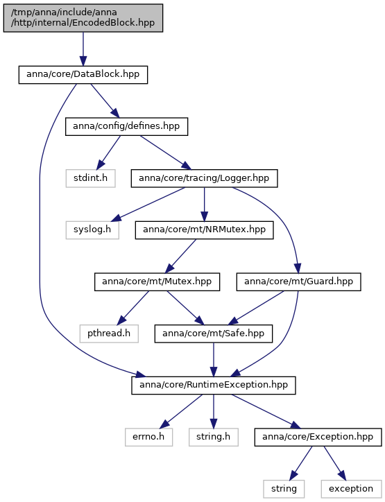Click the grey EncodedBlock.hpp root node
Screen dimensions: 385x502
[x=83, y=18]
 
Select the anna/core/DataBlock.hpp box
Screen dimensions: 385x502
[x=83, y=75]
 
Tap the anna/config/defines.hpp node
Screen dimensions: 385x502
[x=126, y=126]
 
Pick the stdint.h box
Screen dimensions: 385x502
[x=90, y=178]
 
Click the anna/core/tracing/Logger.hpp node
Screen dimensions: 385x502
[x=204, y=178]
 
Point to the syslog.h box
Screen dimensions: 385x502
[x=92, y=230]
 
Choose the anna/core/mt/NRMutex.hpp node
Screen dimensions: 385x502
[x=204, y=230]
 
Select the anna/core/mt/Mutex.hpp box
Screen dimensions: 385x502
[x=157, y=282]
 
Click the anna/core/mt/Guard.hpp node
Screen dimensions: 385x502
[x=298, y=282]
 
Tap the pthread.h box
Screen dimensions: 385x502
[x=109, y=334]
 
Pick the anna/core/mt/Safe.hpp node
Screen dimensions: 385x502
[x=214, y=334]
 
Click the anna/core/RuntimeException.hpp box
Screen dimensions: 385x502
[x=214, y=385]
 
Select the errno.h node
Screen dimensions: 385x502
[x=148, y=437]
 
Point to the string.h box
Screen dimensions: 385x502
[x=214, y=437]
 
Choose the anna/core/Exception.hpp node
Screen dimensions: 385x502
[x=318, y=437]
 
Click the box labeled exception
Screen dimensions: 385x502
[x=352, y=489]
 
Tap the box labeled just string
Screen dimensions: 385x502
[x=284, y=489]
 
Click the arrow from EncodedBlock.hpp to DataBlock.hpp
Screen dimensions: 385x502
[x=83, y=49]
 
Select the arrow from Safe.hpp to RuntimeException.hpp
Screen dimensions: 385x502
[x=214, y=360]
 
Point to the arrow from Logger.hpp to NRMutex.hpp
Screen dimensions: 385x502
[x=204, y=205]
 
